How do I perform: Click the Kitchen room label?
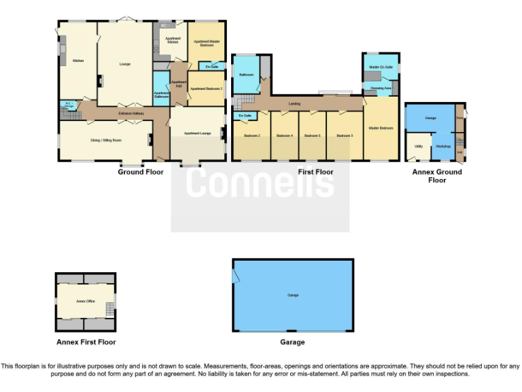78,61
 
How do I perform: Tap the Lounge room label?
124,64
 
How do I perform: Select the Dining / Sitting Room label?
105,140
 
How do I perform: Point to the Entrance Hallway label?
130,114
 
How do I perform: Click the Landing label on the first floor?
294,103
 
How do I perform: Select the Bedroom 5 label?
312,136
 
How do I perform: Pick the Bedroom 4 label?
285,136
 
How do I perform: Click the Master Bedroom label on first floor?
381,128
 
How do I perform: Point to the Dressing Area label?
381,88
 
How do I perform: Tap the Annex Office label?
84,300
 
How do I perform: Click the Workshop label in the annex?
443,146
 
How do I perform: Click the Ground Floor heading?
141,172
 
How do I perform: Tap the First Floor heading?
315,172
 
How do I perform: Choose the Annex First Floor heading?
86,342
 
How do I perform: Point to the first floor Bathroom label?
246,75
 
